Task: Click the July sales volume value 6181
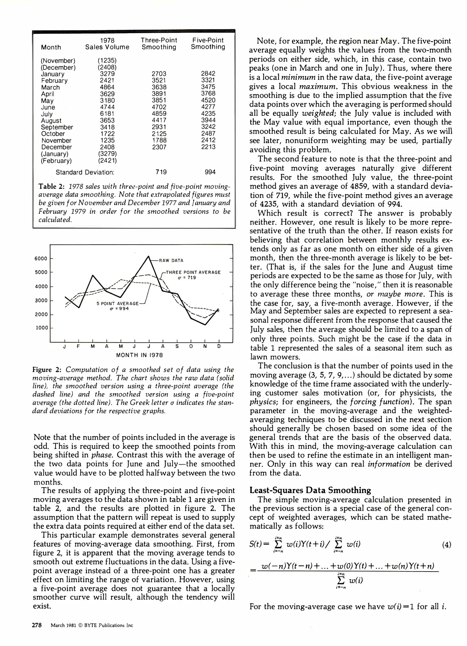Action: (x=107, y=114)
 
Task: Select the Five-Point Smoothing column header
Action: (x=208, y=44)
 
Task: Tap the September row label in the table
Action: (x=57, y=127)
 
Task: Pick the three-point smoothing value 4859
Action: (x=159, y=114)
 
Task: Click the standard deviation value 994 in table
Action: (x=210, y=172)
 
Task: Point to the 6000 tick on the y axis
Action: (x=41, y=259)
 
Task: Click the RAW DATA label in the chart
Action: (x=171, y=260)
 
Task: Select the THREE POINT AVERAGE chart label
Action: (x=193, y=272)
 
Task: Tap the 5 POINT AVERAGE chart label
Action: (x=117, y=304)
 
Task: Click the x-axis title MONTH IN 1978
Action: (x=140, y=355)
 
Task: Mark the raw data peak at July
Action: (x=148, y=256)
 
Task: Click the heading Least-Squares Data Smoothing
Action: (x=310, y=490)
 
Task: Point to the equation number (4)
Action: (x=446, y=545)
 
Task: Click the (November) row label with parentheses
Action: (x=58, y=61)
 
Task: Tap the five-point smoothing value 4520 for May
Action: (x=208, y=100)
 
